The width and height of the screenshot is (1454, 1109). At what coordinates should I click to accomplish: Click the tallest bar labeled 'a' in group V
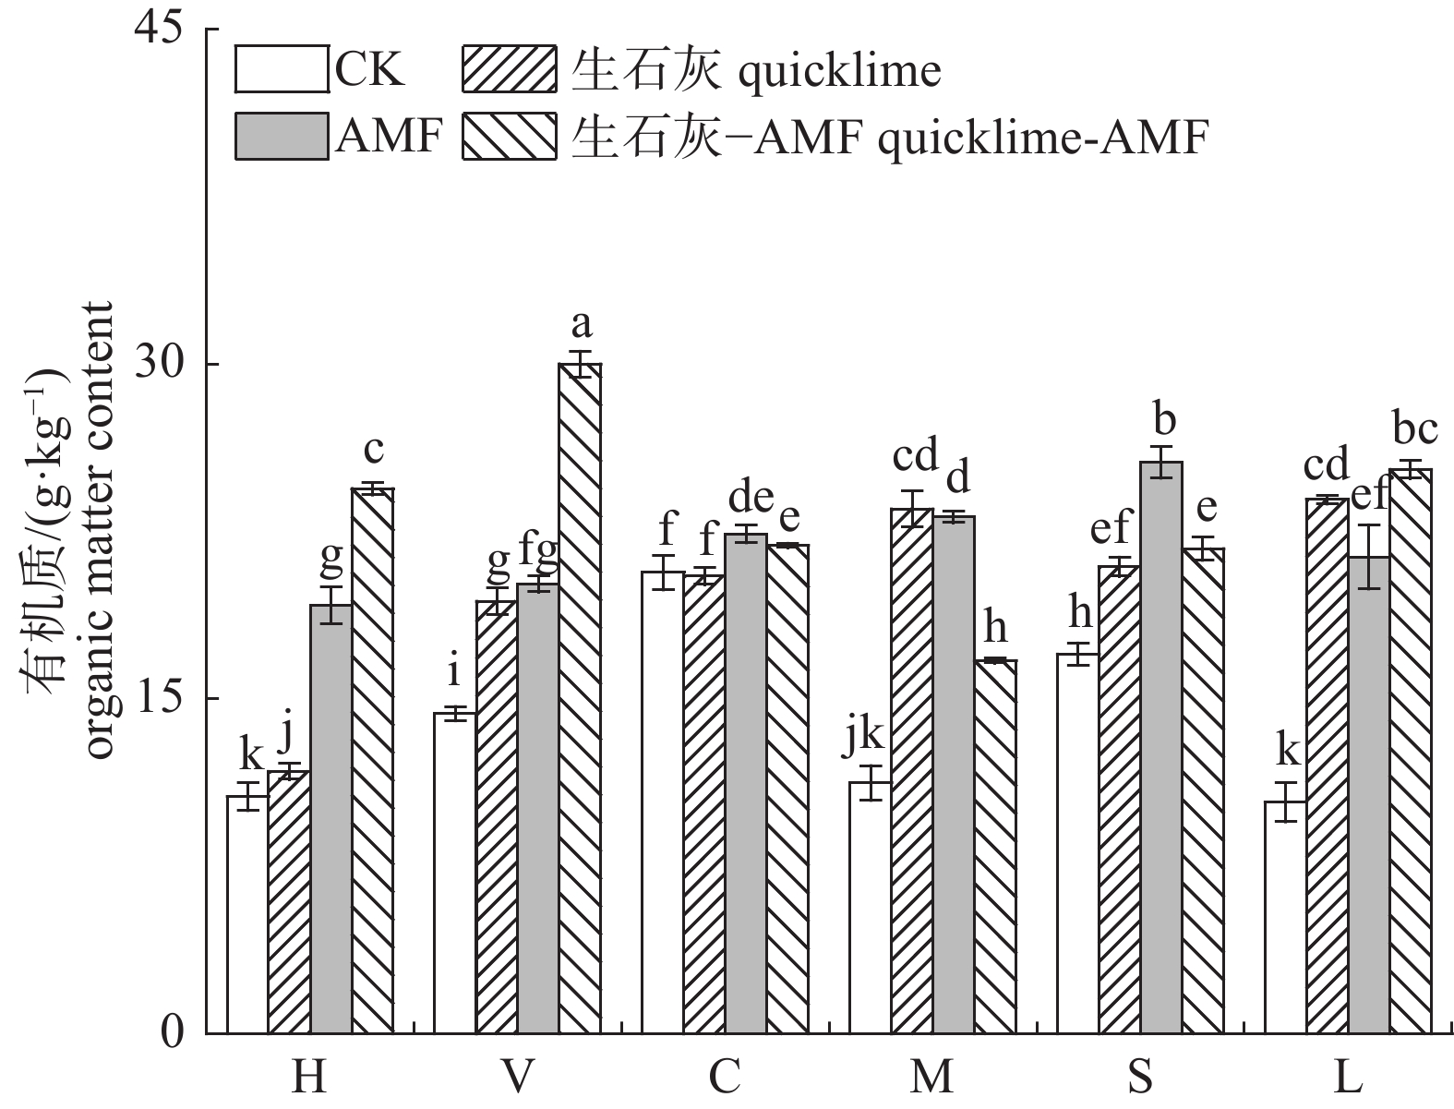click(x=580, y=697)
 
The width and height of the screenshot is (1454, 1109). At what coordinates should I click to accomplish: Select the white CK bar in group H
click(x=247, y=914)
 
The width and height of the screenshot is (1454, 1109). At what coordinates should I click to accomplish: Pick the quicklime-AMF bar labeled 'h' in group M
click(x=995, y=846)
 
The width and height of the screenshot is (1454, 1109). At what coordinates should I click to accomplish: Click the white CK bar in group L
click(x=1285, y=917)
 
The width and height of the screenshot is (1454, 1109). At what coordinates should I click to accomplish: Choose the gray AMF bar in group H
click(x=330, y=818)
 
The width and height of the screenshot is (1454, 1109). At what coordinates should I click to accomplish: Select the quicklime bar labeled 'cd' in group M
click(x=912, y=770)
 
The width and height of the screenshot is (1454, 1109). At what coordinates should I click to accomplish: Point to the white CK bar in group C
click(x=663, y=802)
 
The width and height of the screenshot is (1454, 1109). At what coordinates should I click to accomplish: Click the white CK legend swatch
click(x=282, y=68)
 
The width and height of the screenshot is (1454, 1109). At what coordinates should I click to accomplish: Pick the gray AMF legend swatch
click(x=282, y=137)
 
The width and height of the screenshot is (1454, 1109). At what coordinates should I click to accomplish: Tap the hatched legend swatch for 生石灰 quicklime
click(x=509, y=68)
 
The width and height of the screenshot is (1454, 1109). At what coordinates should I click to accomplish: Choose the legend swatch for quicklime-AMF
click(x=509, y=137)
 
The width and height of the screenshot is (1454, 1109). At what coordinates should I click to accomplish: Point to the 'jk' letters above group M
click(x=866, y=736)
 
